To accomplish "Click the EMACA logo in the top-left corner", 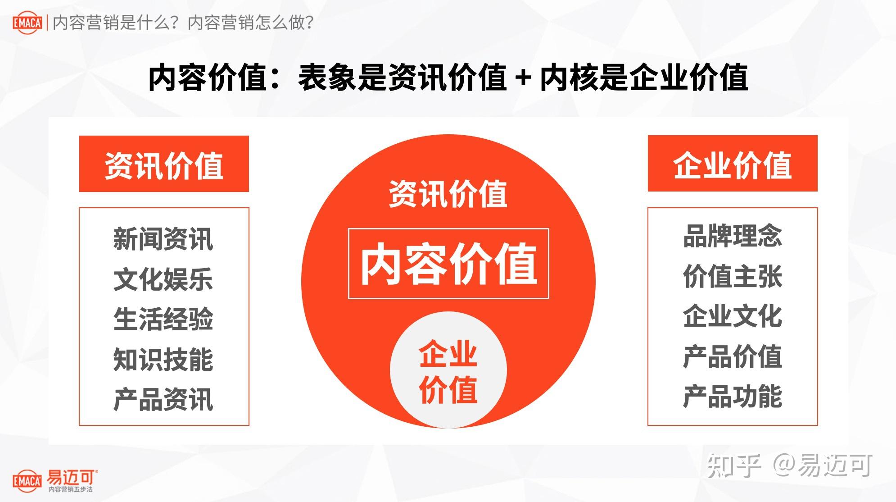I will pyautogui.click(x=27, y=23).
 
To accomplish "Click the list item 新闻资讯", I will pyautogui.click(x=163, y=239).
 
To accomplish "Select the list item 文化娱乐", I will pyautogui.click(x=163, y=279).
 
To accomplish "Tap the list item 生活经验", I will pyautogui.click(x=163, y=319).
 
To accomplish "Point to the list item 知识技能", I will pyautogui.click(x=163, y=359).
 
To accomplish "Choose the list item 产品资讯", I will pyautogui.click(x=163, y=399).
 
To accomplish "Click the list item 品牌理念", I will pyautogui.click(x=732, y=236).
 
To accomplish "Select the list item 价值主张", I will pyautogui.click(x=732, y=276).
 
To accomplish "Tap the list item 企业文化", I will pyautogui.click(x=732, y=316).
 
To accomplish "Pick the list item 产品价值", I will pyautogui.click(x=732, y=356).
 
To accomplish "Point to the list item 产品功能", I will pyautogui.click(x=732, y=397).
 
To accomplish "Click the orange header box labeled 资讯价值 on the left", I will pyautogui.click(x=164, y=164).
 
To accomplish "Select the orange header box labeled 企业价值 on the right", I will pyautogui.click(x=732, y=164).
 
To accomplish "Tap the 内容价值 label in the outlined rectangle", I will pyautogui.click(x=448, y=264).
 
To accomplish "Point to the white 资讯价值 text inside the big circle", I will pyautogui.click(x=448, y=194).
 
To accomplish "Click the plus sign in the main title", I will pyautogui.click(x=523, y=78).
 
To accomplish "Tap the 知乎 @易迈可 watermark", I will pyautogui.click(x=789, y=466).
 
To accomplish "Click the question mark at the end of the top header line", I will pyautogui.click(x=309, y=23).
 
